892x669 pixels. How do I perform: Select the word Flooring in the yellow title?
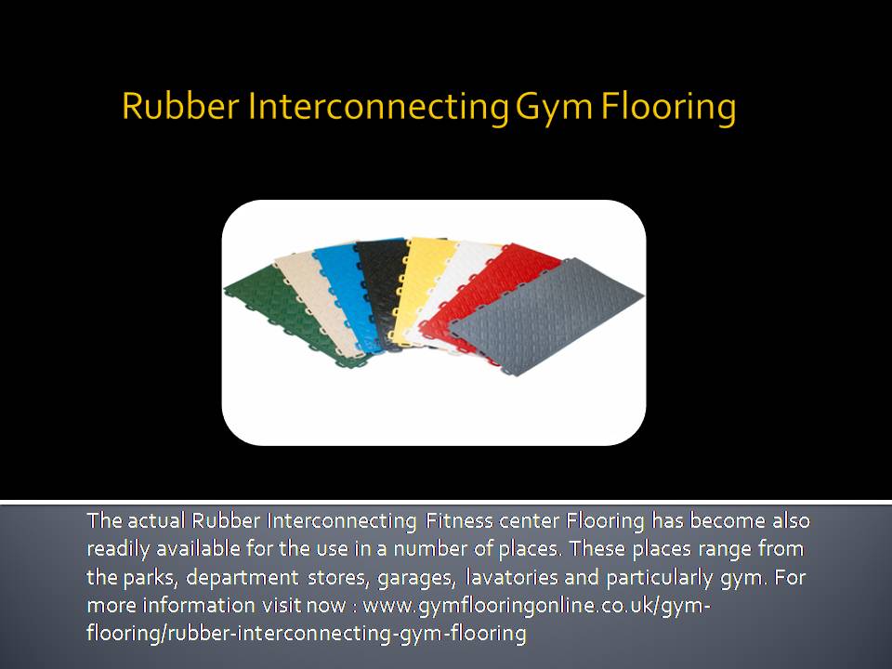point(668,107)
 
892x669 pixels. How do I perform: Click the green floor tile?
point(273,313)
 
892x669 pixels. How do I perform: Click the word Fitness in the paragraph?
point(459,520)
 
